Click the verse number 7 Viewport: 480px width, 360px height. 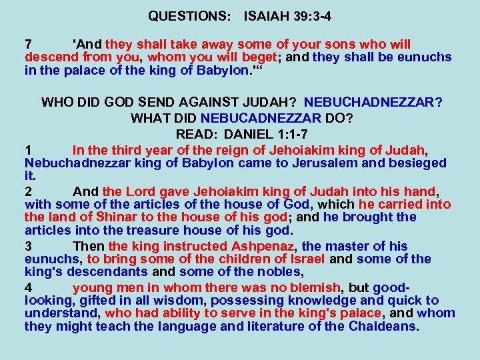click(x=29, y=44)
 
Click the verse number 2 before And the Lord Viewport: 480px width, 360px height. click(x=29, y=191)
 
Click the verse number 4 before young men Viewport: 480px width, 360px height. click(x=29, y=287)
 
